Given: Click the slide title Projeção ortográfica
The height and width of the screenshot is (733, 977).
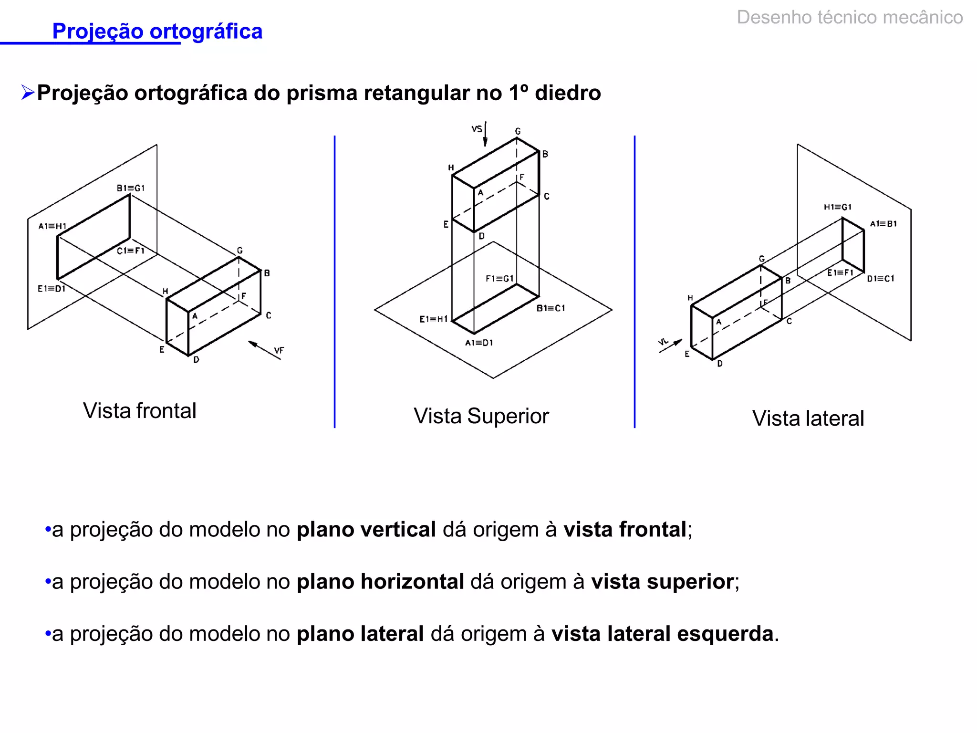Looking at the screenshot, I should pyautogui.click(x=157, y=31).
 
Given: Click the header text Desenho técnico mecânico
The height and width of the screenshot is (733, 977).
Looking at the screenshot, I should pyautogui.click(x=850, y=18).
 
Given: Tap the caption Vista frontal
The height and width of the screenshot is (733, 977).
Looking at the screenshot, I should pyautogui.click(x=139, y=411).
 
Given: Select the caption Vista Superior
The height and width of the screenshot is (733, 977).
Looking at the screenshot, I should pyautogui.click(x=481, y=416).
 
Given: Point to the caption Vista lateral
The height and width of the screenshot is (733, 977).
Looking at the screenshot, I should pyautogui.click(x=808, y=419).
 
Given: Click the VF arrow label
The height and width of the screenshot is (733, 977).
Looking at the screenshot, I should pyautogui.click(x=279, y=351).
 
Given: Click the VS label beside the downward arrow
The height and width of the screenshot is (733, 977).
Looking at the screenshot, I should pyautogui.click(x=477, y=129).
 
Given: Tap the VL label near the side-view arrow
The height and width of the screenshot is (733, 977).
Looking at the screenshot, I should pyautogui.click(x=664, y=342).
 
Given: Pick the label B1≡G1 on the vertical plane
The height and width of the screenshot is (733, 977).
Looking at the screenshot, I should pyautogui.click(x=130, y=188).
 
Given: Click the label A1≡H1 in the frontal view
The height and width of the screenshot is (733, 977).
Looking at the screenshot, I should pyautogui.click(x=52, y=226).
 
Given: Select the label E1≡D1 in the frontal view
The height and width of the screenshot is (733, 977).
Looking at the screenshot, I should pyautogui.click(x=51, y=289).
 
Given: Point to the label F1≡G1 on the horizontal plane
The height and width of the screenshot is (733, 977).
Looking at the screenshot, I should pyautogui.click(x=499, y=279).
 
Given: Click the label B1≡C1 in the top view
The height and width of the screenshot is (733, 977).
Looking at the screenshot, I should pyautogui.click(x=551, y=308).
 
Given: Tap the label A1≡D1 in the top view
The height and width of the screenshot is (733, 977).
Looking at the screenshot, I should pyautogui.click(x=479, y=343).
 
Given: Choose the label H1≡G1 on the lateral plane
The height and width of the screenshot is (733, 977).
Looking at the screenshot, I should pyautogui.click(x=837, y=207).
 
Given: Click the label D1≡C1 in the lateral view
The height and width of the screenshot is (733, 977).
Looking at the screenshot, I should pyautogui.click(x=880, y=279).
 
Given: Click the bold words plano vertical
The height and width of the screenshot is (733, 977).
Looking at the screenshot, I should pyautogui.click(x=366, y=530).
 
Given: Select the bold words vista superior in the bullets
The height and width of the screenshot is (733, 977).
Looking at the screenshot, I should pyautogui.click(x=662, y=582).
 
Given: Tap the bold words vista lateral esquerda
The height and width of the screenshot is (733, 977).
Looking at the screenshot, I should pyautogui.click(x=662, y=634).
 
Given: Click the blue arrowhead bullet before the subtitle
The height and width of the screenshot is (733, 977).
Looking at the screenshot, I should pyautogui.click(x=28, y=93).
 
